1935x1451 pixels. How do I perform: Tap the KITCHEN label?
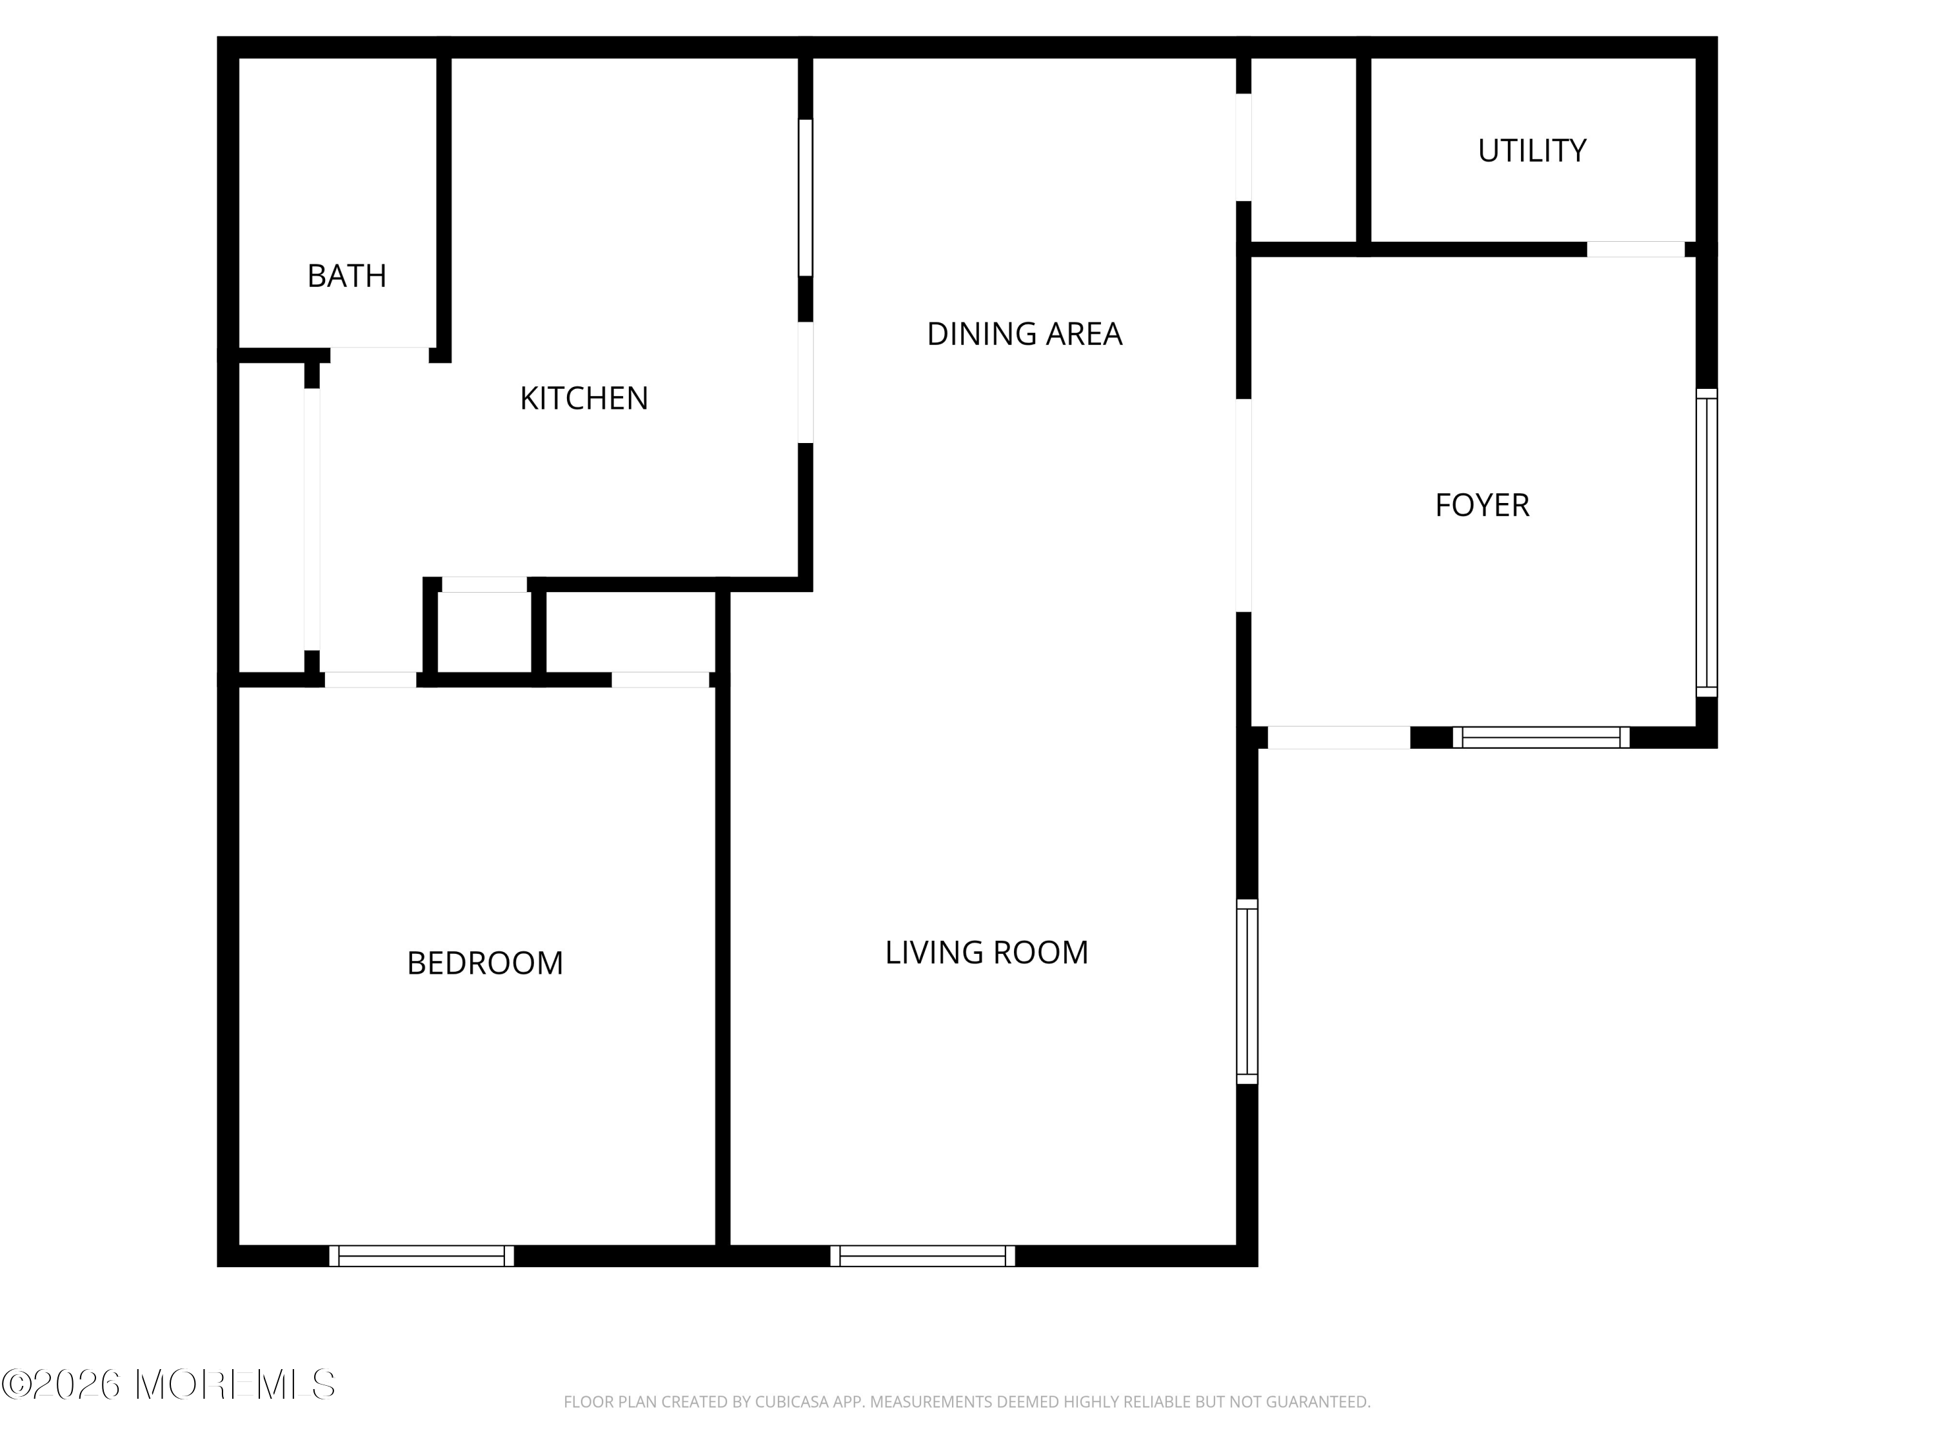(584, 399)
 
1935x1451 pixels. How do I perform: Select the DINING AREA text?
(1024, 334)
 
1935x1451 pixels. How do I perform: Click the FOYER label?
(1482, 506)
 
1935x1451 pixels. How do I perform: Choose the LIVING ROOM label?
(987, 953)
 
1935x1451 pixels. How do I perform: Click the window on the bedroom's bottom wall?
(422, 1256)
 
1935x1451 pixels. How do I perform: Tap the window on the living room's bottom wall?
(923, 1256)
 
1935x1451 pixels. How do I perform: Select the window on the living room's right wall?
(1247, 992)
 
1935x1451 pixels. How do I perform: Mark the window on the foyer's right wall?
(1707, 542)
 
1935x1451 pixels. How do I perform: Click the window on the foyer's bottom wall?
(1542, 737)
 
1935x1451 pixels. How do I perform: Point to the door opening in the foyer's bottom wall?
(1338, 737)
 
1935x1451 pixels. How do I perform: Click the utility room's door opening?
(1636, 250)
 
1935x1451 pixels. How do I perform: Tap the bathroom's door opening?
(380, 355)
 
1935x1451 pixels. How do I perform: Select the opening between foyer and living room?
(1243, 506)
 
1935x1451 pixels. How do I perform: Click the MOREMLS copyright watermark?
(168, 1385)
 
